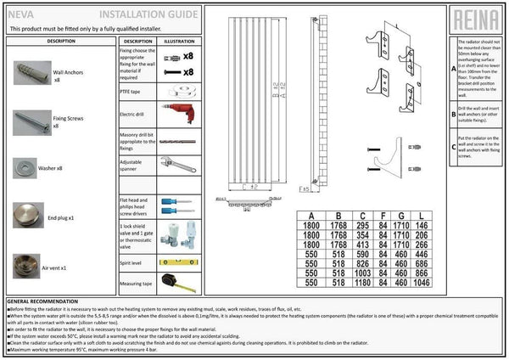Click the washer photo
(x=25, y=168)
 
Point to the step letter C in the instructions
(x=451, y=145)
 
